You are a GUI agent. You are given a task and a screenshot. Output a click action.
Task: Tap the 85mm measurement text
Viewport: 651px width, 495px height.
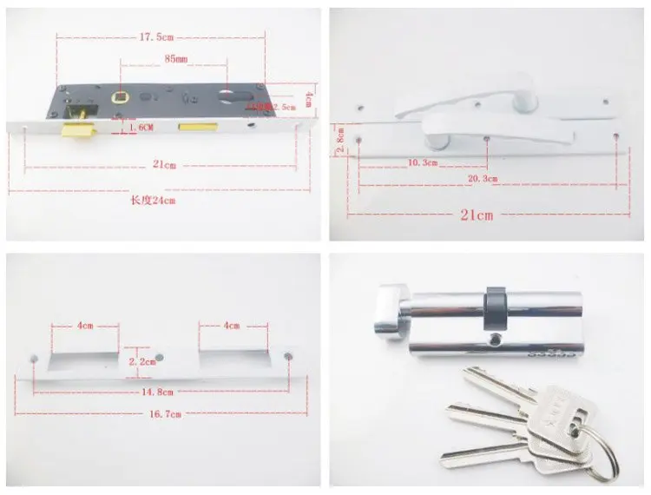coord(174,58)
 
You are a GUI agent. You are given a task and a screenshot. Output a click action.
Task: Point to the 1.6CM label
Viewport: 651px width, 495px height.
coord(140,128)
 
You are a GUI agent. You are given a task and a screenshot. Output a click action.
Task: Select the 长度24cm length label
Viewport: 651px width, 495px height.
coord(153,200)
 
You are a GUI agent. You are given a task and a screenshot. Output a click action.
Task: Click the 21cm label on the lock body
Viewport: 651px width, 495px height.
coord(164,165)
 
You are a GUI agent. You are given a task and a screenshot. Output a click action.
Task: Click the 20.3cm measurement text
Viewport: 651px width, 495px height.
coord(483,178)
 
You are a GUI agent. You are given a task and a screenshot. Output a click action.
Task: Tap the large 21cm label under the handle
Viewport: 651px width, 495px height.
coord(476,214)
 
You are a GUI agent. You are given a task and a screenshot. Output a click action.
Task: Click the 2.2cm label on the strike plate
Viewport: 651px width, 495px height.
coord(141,360)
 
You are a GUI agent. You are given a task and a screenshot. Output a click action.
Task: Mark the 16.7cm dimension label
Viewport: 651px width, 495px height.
coord(164,414)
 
